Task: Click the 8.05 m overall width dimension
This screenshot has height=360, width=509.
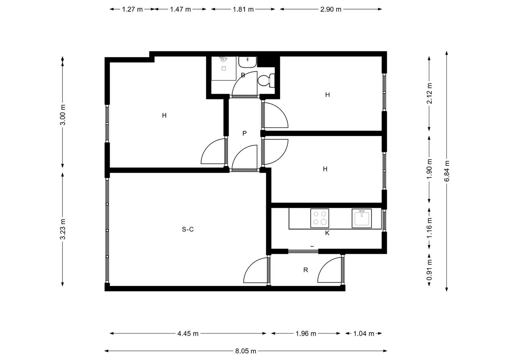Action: click(x=246, y=351)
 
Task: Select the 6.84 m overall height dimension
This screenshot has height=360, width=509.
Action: click(x=447, y=171)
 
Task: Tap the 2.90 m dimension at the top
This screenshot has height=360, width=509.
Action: click(x=331, y=9)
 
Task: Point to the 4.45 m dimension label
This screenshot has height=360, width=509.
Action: click(x=188, y=334)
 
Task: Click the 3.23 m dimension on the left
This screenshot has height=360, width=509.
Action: click(x=63, y=229)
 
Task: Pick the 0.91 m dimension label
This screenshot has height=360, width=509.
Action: click(x=429, y=270)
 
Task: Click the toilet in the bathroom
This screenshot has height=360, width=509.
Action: click(x=266, y=80)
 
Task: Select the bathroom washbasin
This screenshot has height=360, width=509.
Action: click(x=247, y=62)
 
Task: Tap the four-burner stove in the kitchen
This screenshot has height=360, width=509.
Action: click(x=320, y=218)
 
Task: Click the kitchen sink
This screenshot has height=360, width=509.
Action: click(x=362, y=219)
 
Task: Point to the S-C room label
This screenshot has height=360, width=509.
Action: click(x=188, y=230)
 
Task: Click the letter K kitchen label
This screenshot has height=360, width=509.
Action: click(x=327, y=233)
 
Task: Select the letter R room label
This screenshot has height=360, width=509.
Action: click(x=306, y=270)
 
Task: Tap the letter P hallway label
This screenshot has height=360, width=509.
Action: click(x=245, y=133)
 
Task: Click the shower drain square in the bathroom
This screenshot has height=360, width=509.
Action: click(x=224, y=69)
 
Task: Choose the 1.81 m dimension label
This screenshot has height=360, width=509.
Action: click(x=243, y=9)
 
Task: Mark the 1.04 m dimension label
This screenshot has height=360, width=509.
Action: click(x=364, y=334)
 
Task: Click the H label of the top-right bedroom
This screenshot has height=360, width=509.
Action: click(x=327, y=95)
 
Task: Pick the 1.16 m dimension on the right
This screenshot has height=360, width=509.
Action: click(x=429, y=228)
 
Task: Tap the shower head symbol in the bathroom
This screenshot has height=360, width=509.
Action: click(x=224, y=59)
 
